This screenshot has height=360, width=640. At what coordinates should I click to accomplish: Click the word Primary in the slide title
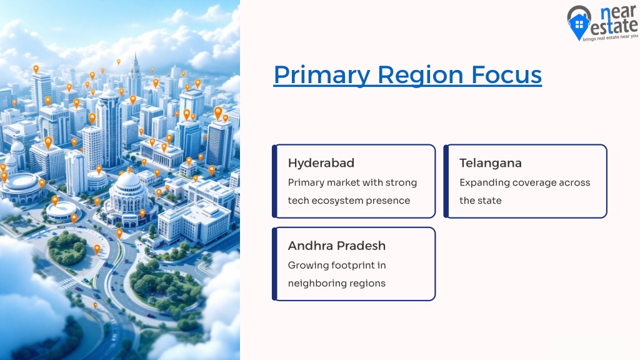pos(322,76)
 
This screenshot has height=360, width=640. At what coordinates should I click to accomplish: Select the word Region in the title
pos(420,76)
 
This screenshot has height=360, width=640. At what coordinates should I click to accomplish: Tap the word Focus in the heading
pos(506,75)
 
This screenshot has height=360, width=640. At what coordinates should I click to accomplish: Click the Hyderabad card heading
pos(321,163)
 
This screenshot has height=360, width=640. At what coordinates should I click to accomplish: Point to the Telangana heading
pos(490,163)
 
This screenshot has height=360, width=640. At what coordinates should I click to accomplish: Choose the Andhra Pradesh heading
pos(337,246)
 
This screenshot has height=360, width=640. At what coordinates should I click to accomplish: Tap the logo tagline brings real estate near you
pos(610,37)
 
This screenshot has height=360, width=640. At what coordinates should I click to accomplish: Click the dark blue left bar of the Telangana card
pos(446,181)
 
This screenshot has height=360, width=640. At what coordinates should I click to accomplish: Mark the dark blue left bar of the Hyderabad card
pos(275,181)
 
